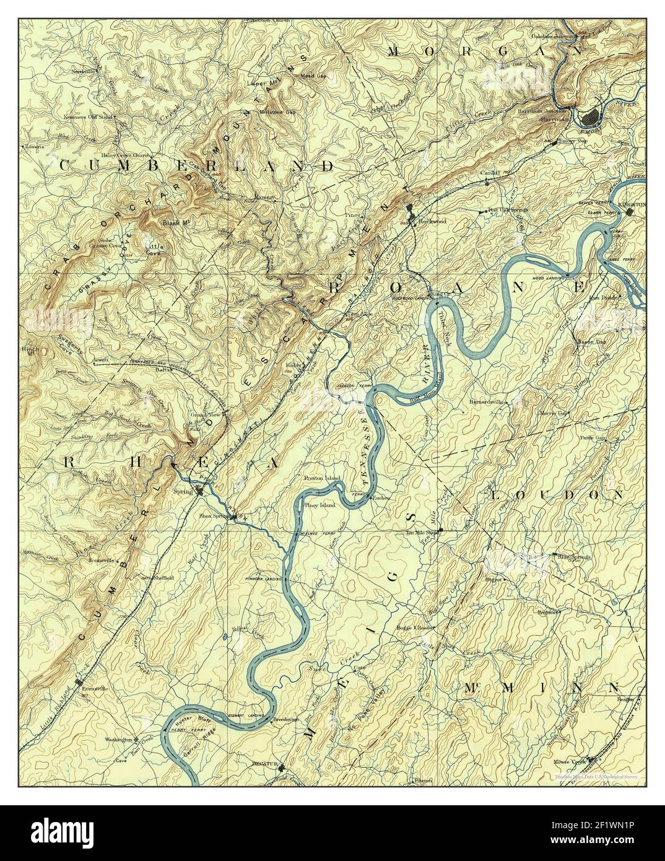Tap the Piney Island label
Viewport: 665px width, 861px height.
click(x=320, y=505)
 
